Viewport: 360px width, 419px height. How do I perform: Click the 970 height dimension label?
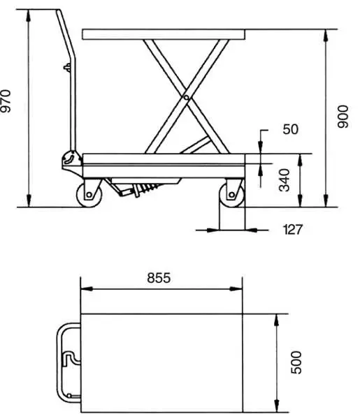pyautogui.click(x=6, y=101)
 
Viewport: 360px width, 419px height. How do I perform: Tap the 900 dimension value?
pyautogui.click(x=343, y=117)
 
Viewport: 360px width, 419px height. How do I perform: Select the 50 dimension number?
pyautogui.click(x=290, y=129)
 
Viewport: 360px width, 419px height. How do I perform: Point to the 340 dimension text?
pyautogui.click(x=284, y=180)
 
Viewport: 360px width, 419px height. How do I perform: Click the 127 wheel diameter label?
pyautogui.click(x=293, y=230)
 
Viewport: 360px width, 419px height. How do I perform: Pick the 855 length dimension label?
pyautogui.click(x=159, y=278)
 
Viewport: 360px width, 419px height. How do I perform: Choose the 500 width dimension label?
pyautogui.click(x=296, y=362)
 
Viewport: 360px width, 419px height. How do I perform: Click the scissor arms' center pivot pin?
pyautogui.click(x=186, y=98)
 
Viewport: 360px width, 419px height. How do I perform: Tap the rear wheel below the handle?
pyautogui.click(x=89, y=194)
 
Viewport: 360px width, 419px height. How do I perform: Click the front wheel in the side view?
pyautogui.click(x=231, y=195)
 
